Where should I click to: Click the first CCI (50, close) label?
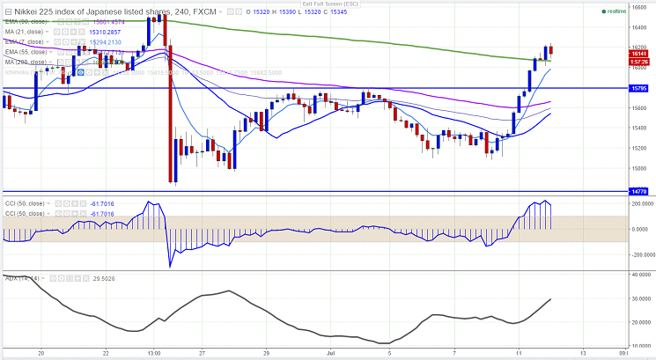[26, 203]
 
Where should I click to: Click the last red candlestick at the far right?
[550, 52]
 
